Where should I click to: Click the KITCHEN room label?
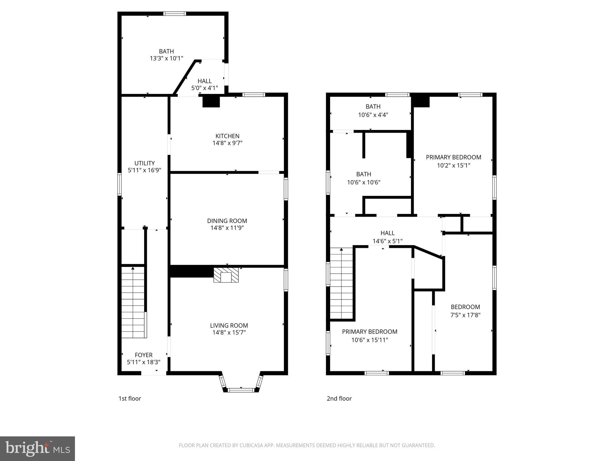pos(227,136)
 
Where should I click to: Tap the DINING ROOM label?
pos(227,221)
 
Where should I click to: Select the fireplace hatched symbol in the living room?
pos(226,275)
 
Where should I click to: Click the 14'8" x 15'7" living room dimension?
pos(229,333)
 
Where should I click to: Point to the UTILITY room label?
pos(145,163)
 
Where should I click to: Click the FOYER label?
pos(144,355)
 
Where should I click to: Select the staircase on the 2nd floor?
pos(341,283)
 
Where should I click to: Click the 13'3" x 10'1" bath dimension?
pos(166,59)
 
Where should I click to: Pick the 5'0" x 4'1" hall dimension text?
pos(204,88)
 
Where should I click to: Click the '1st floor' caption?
pos(130,399)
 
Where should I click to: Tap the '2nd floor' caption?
pos(339,399)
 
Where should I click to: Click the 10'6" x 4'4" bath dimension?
pos(373,115)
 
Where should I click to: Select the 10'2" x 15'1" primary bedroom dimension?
pos(453,165)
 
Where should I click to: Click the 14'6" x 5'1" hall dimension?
pos(387,241)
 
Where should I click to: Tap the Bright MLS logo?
pos(37,449)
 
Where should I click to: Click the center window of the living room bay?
pos(241,390)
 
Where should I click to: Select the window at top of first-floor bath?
pos(174,14)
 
